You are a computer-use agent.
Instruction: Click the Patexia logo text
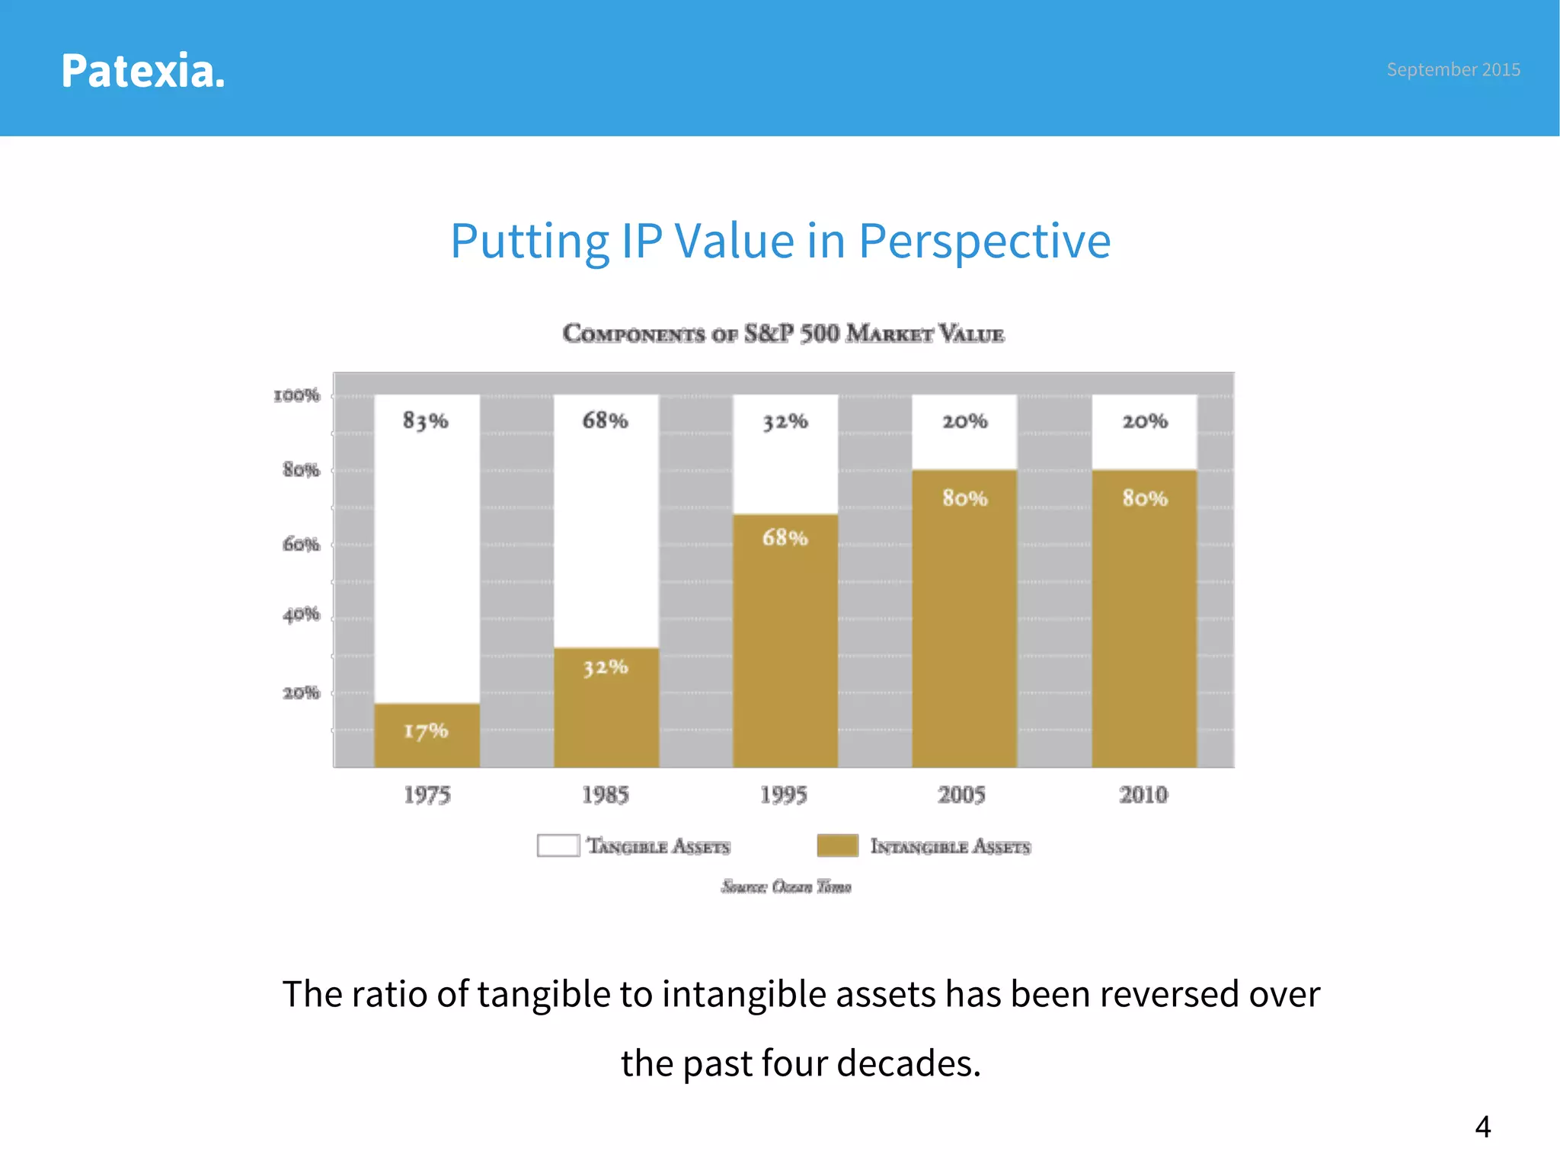[x=142, y=71]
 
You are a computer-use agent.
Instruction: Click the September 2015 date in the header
[x=1453, y=69]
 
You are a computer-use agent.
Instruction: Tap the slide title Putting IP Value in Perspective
[x=780, y=241]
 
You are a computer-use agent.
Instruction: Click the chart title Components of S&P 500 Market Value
[x=783, y=334]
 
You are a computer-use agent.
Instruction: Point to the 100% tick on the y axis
[x=297, y=395]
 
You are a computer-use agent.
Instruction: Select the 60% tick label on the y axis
[x=301, y=545]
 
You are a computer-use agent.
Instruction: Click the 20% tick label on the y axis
[x=301, y=693]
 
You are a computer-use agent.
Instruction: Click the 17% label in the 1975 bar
[x=426, y=731]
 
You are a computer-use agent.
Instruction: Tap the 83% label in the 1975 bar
[x=426, y=420]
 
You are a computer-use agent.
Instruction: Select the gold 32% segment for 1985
[x=606, y=708]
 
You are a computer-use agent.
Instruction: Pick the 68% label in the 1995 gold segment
[x=785, y=538]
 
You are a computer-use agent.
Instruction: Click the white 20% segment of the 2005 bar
[x=964, y=432]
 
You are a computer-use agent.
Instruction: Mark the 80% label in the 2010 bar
[x=1144, y=498]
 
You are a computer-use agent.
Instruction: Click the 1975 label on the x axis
[x=427, y=795]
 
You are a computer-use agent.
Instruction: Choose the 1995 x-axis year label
[x=783, y=795]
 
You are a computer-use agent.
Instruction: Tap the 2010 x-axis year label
[x=1143, y=795]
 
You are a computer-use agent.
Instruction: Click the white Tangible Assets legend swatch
[x=558, y=846]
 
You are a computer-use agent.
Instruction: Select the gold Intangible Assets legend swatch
[x=837, y=846]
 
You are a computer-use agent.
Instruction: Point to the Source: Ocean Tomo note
[x=786, y=887]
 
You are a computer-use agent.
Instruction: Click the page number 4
[x=1482, y=1127]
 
